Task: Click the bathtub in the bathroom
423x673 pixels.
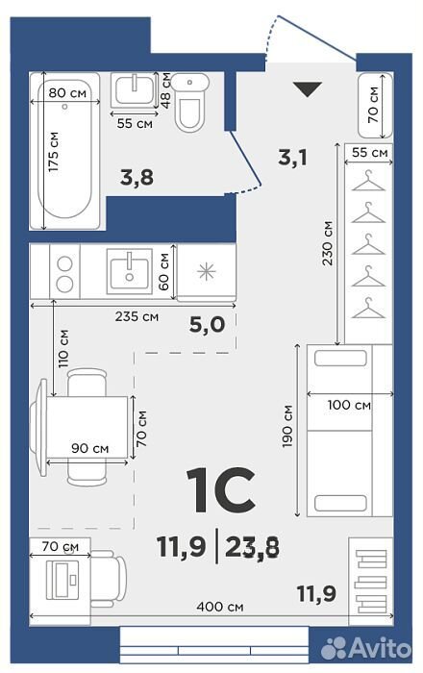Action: click(64, 151)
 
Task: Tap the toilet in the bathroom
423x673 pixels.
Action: click(190, 102)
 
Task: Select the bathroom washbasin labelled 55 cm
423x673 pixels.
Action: click(134, 90)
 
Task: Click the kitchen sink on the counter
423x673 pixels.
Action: click(129, 271)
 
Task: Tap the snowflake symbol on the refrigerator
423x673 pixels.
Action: click(207, 272)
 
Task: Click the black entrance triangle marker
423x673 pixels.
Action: click(308, 88)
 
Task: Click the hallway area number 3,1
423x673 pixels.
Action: click(292, 158)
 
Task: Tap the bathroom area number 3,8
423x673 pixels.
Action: click(137, 177)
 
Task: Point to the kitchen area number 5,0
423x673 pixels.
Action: click(208, 325)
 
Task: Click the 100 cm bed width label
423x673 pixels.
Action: click(349, 405)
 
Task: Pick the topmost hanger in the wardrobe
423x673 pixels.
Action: click(368, 181)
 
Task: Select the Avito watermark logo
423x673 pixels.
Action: click(366, 648)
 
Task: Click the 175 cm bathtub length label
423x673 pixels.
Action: click(54, 152)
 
